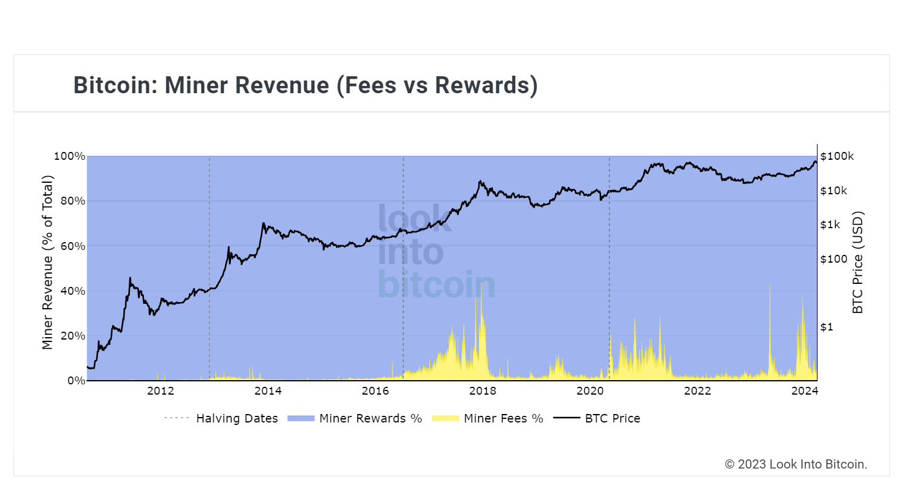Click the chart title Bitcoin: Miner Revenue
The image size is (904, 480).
[x=305, y=85]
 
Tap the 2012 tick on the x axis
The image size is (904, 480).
[x=160, y=391]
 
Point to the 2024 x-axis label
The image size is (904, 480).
[x=804, y=391]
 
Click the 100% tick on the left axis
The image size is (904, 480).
[x=69, y=156]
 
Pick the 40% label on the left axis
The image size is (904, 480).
[x=71, y=291]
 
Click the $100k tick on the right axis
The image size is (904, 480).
[x=837, y=156]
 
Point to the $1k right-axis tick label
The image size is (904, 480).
[x=830, y=225]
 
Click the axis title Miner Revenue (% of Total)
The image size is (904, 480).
[x=48, y=262]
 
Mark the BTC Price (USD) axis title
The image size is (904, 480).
[x=857, y=262]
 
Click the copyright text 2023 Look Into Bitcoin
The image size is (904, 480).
[x=796, y=464]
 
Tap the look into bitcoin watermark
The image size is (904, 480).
[x=435, y=252]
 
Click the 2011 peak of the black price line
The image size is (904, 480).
[x=130, y=278]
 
